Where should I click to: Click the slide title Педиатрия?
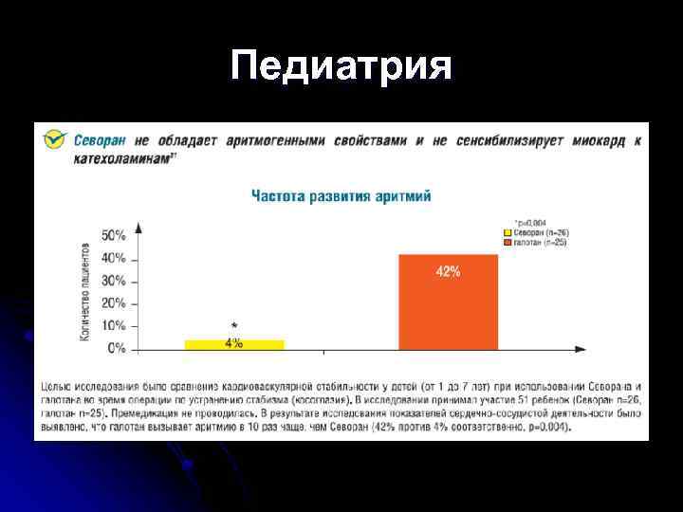coord(341,66)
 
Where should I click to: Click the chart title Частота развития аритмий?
coord(341,195)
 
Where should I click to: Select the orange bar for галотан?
coord(448,302)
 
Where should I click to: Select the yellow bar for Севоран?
coord(233,344)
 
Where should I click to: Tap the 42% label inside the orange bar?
coord(448,272)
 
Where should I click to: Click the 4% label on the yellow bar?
coord(233,343)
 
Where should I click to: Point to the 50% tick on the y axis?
coord(114,235)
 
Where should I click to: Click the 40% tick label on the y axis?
coord(114,258)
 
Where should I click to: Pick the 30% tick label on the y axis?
coord(114,281)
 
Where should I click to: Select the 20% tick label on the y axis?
coord(114,303)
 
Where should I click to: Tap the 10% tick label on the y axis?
coord(114,326)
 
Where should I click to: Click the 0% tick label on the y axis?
coord(117,349)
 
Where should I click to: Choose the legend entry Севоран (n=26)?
coord(538,232)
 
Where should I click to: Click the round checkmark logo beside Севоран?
coord(56,140)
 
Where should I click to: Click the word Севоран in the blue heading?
coord(101,140)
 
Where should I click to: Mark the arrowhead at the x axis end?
coord(580,350)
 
